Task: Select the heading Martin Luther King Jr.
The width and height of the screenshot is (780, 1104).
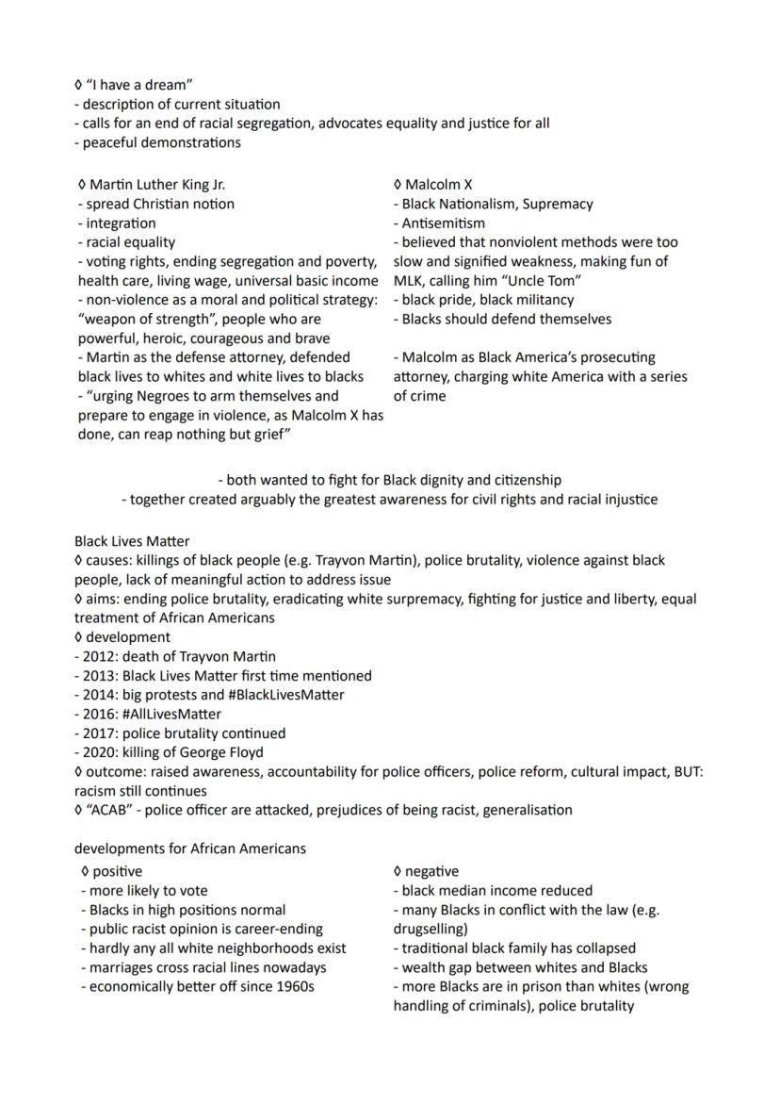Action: coord(157,185)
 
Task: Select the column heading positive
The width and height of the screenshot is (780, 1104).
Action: coord(118,871)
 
